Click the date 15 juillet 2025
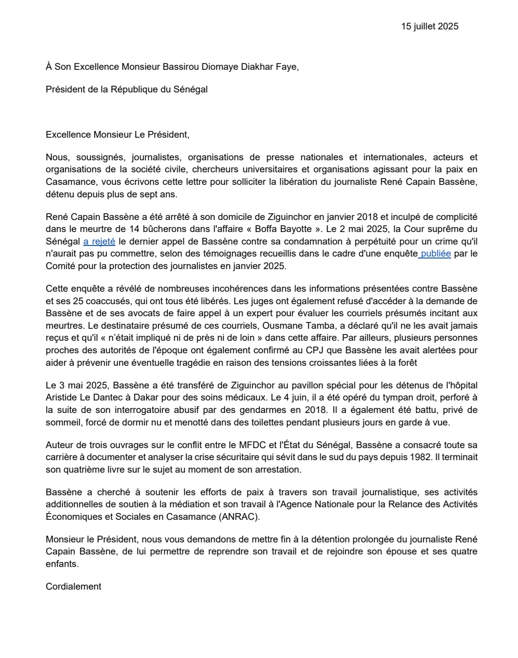tap(429, 26)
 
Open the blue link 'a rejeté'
tap(99, 241)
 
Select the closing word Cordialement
tap(74, 586)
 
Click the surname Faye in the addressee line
tap(287, 67)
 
